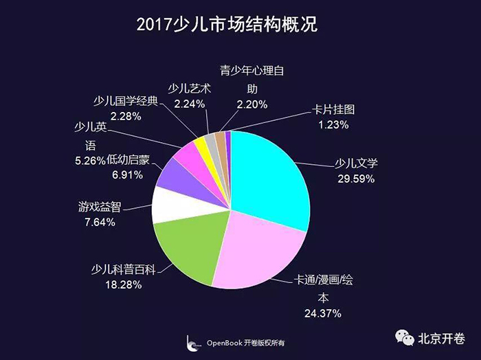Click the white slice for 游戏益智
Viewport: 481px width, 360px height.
pos(168,204)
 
